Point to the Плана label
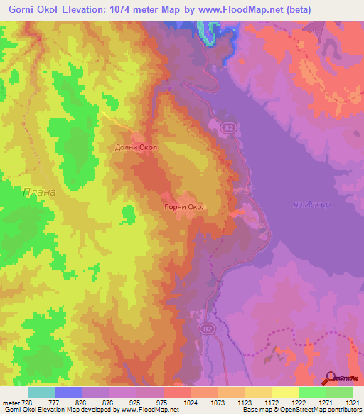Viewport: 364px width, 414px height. point(39,192)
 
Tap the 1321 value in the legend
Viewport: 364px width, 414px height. point(351,403)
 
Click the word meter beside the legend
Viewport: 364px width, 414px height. point(9,403)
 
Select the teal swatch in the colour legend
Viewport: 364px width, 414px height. point(42,392)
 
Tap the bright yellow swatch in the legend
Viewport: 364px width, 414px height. point(284,392)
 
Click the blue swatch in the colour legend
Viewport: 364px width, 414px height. point(69,392)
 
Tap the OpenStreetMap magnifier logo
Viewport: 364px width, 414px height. point(331,378)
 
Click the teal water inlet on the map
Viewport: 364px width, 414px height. point(209,33)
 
